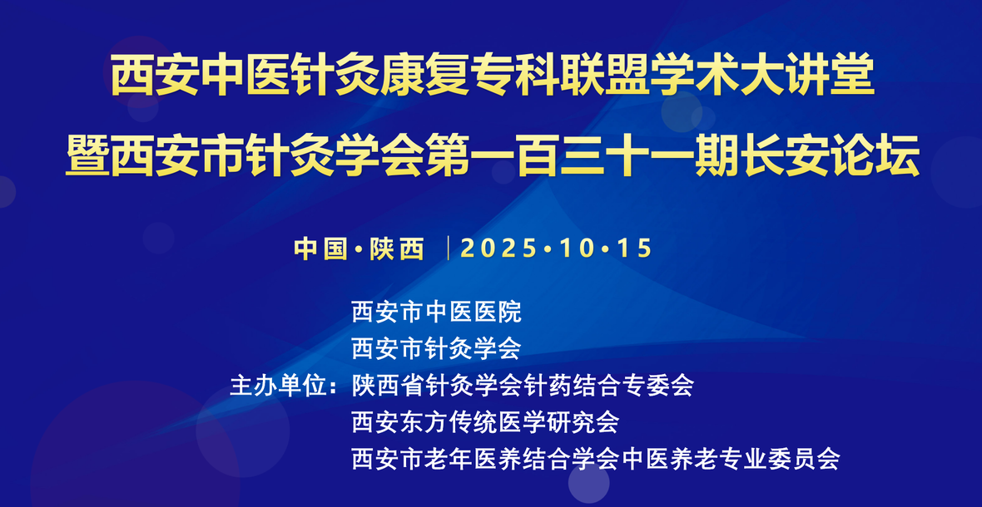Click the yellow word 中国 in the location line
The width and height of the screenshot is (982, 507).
pyautogui.click(x=320, y=249)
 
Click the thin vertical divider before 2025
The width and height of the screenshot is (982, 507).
pyautogui.click(x=449, y=249)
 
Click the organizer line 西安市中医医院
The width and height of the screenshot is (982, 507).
pyautogui.click(x=437, y=312)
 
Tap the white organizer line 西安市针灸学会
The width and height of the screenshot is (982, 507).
pyautogui.click(x=437, y=348)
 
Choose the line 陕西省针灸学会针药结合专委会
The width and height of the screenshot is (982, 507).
pyautogui.click(x=523, y=386)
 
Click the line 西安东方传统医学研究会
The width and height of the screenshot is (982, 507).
pyautogui.click(x=485, y=422)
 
